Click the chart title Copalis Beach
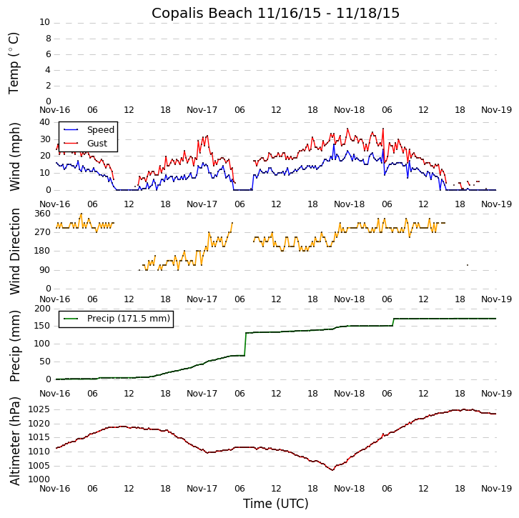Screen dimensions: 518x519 [275, 14]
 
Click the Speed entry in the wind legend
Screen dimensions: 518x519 [100, 130]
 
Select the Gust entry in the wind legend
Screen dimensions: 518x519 [97, 144]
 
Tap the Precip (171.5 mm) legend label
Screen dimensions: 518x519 [128, 319]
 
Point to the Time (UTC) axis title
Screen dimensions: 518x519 [275, 504]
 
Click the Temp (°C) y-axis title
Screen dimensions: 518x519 [14, 62]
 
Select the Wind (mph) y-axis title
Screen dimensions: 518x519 [14, 156]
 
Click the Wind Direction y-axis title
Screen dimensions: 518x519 [14, 251]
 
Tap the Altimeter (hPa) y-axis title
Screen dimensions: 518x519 [14, 440]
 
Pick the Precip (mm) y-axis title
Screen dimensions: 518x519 [14, 345]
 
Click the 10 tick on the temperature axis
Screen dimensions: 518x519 [44, 22]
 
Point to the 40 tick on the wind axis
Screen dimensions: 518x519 [44, 121]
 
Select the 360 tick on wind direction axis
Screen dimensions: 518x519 [41, 214]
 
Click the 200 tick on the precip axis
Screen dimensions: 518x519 [41, 309]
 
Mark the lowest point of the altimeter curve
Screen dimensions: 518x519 [332, 469]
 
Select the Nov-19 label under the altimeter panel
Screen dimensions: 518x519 [496, 493]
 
